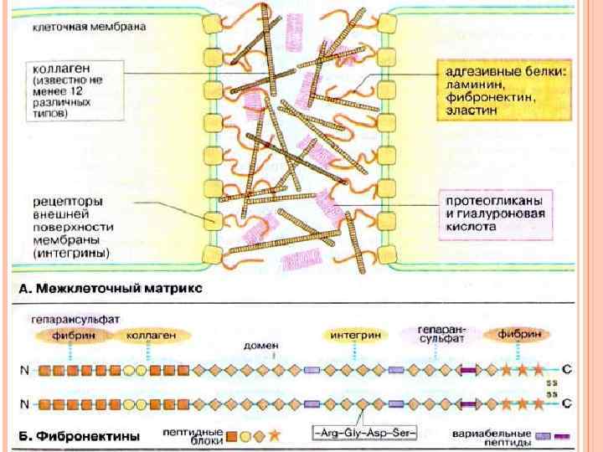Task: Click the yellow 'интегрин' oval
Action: coord(356,335)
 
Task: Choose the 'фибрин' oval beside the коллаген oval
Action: coord(73,336)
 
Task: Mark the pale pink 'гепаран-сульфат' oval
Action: coord(439,336)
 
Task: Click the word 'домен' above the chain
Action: coord(256,344)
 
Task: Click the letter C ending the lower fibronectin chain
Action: coord(567,403)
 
